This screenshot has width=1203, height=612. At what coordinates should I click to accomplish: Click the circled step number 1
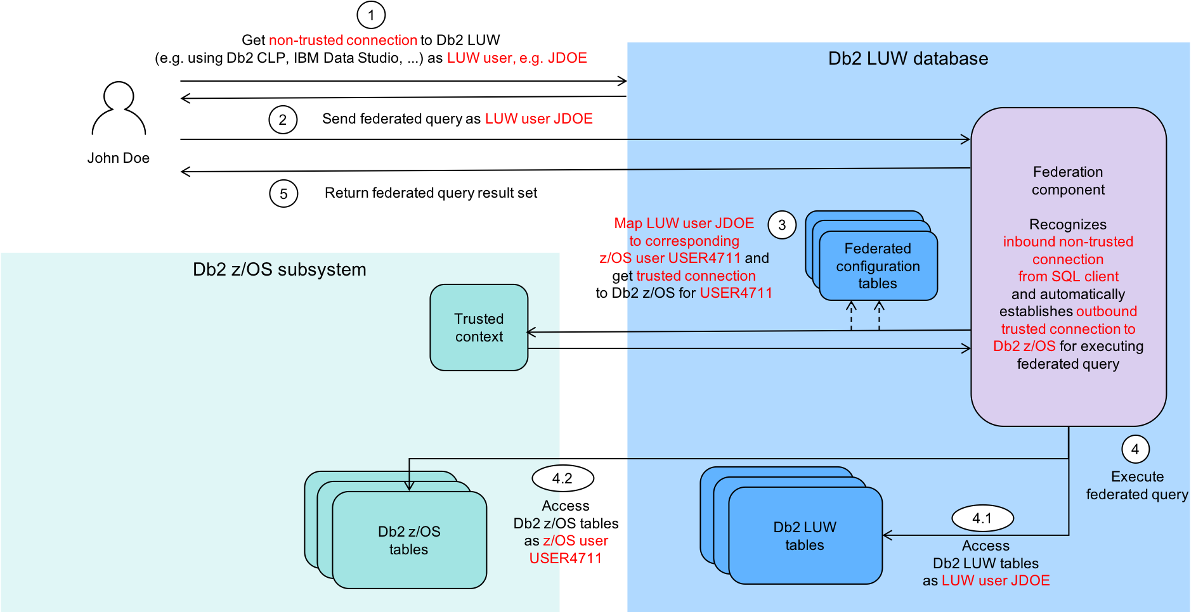click(371, 15)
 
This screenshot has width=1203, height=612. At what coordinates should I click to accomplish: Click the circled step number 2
click(283, 120)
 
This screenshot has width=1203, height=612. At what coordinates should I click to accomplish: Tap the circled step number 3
click(782, 225)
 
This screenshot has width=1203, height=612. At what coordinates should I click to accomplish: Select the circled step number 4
click(1135, 450)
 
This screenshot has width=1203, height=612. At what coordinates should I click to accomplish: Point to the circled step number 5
click(283, 194)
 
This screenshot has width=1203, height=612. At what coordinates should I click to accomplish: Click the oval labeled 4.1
click(982, 518)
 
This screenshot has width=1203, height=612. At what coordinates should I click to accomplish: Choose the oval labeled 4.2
click(562, 478)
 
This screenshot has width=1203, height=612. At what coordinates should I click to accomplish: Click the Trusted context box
click(479, 328)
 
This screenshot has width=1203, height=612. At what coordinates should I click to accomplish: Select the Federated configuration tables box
click(878, 266)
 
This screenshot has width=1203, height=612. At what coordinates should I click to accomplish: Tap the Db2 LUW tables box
click(805, 536)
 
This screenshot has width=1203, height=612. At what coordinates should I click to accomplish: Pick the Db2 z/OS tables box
click(409, 540)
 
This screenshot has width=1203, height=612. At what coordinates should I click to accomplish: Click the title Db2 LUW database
click(908, 59)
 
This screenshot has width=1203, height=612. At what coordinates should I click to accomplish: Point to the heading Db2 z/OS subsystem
click(280, 270)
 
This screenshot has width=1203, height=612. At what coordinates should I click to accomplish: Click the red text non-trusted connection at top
click(343, 41)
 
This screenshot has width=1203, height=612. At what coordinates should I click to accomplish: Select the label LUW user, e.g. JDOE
click(517, 58)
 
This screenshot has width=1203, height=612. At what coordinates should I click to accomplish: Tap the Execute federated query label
click(1137, 485)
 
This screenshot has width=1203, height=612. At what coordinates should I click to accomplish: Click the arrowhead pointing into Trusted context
click(531, 332)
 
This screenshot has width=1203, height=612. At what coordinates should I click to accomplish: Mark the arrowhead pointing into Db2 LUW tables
click(887, 535)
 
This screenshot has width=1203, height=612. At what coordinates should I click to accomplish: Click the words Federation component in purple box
click(1068, 181)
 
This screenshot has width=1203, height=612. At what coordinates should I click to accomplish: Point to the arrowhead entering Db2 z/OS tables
click(409, 486)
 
